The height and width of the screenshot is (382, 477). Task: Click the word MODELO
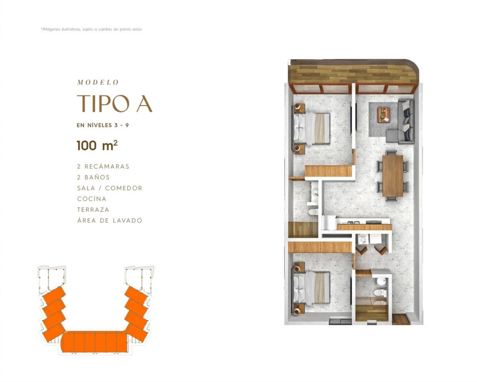[98, 82]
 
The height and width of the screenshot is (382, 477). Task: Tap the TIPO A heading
[115, 104]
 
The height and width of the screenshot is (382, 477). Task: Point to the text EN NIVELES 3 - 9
[103, 125]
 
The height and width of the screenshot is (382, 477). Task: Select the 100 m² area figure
[97, 145]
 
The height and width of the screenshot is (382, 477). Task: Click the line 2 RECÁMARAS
[103, 166]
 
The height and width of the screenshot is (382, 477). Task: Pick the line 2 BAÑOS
[93, 177]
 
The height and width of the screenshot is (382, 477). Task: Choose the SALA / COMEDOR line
[109, 188]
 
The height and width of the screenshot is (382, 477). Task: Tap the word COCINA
[92, 199]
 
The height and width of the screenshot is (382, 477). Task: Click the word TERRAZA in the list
[93, 210]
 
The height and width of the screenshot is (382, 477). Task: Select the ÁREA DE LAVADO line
[109, 220]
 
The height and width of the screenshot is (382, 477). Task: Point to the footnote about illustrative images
[91, 29]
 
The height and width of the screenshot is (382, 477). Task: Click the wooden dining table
[393, 176]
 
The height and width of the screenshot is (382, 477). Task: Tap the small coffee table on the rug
[384, 115]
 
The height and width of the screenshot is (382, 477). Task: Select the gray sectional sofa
[401, 121]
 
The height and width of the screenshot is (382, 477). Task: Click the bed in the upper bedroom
[312, 128]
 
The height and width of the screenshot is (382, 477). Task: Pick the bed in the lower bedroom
[312, 287]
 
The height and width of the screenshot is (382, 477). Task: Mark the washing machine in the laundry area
[362, 239]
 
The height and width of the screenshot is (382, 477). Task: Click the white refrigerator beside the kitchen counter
[329, 223]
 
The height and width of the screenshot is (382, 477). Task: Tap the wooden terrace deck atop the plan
[353, 72]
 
